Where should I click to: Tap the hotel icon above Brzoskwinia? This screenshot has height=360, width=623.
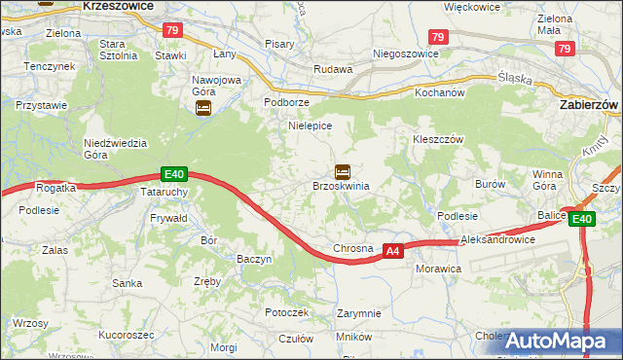[343, 171]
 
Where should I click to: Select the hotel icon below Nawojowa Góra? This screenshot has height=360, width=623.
[202, 109]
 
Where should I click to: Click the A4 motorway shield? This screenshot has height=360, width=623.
[392, 250]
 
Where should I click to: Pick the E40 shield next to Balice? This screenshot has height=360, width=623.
[581, 220]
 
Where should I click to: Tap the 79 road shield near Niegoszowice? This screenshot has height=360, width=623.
[438, 37]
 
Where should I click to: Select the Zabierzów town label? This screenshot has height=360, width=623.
[591, 102]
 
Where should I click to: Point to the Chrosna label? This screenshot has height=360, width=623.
[352, 248]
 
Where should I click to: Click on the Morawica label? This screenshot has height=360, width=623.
[437, 268]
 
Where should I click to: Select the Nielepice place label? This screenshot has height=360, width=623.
[310, 126]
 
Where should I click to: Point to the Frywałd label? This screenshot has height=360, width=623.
[167, 220]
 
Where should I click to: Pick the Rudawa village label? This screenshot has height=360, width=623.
[331, 69]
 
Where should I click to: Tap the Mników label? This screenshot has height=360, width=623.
[353, 337]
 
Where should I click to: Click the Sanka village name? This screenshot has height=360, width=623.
[128, 284]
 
